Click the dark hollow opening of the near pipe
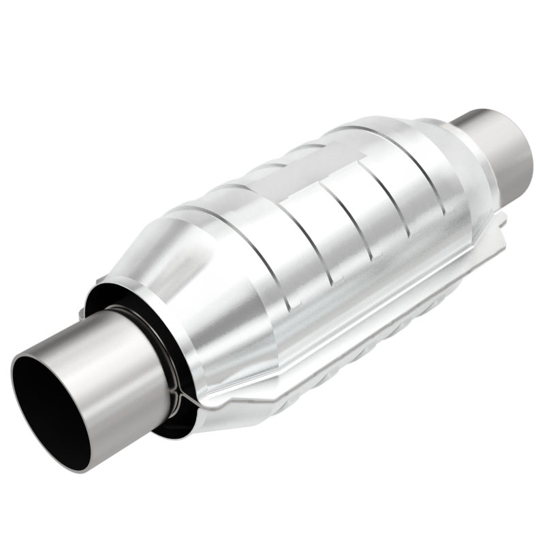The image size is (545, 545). click(x=44, y=412)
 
